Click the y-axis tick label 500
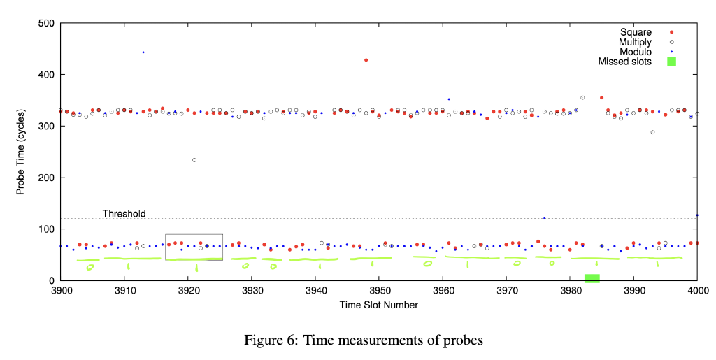click(47, 23)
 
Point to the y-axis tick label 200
click(47, 178)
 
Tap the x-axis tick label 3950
click(379, 291)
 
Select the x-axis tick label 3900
click(62, 291)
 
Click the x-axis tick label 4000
click(697, 291)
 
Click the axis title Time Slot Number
click(379, 305)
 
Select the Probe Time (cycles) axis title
click(21, 152)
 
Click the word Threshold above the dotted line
click(124, 213)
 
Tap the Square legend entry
click(636, 32)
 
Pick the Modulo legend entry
click(636, 52)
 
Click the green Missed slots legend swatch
click(671, 62)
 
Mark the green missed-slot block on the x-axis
click(592, 278)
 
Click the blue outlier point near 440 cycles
click(143, 52)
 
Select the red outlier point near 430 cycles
click(366, 60)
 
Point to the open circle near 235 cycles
click(194, 160)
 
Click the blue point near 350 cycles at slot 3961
click(449, 99)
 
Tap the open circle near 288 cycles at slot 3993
click(652, 132)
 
